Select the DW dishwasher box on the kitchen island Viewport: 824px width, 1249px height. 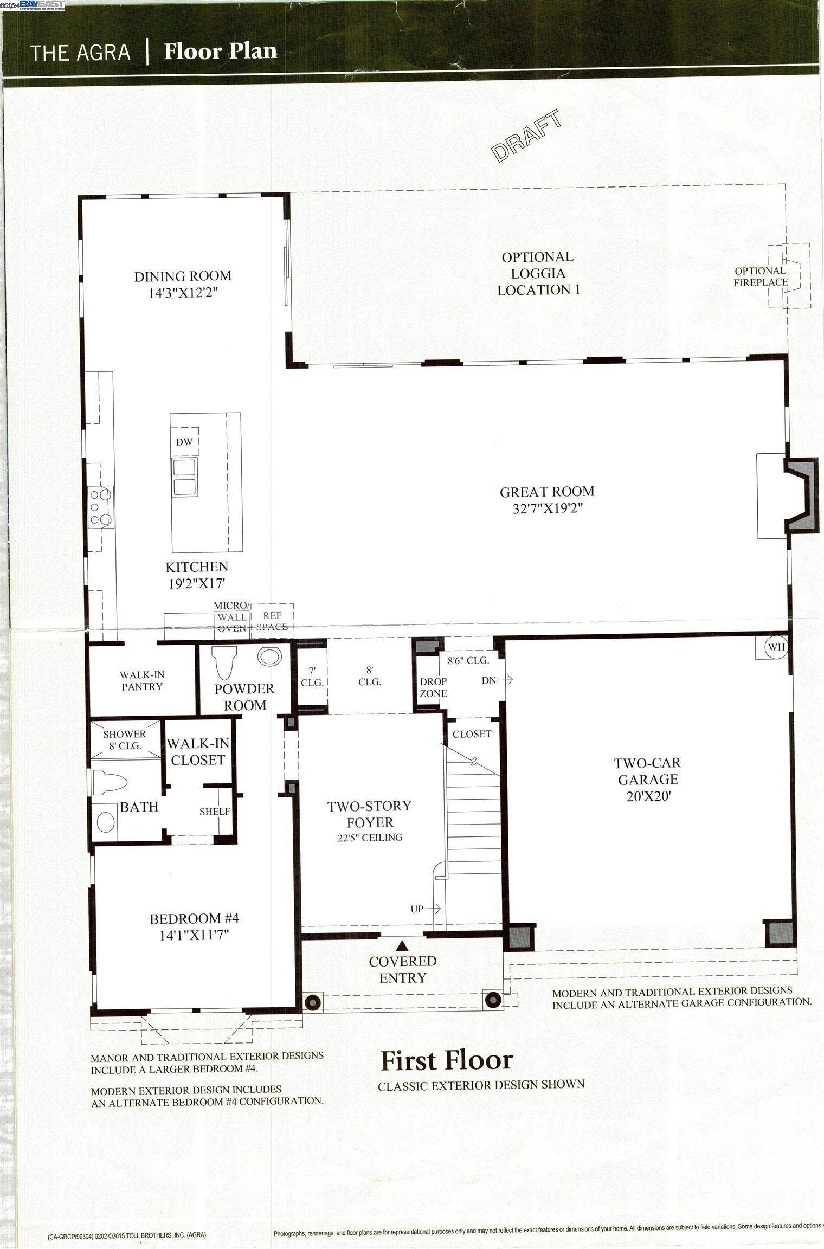(x=184, y=442)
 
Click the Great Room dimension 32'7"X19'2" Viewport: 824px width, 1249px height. (x=548, y=508)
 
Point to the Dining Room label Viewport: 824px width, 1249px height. (x=183, y=276)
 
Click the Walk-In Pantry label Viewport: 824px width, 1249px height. (x=142, y=680)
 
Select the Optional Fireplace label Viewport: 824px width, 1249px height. (x=760, y=276)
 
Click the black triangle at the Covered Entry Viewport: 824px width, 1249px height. (x=402, y=947)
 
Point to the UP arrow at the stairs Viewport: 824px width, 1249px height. (x=426, y=909)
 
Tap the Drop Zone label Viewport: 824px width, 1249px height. (x=433, y=687)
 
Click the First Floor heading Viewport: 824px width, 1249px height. (x=447, y=1060)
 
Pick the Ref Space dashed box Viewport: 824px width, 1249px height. (x=272, y=620)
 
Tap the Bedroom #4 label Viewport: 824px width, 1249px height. (x=194, y=918)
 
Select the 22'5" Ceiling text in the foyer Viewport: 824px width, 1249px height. (x=370, y=838)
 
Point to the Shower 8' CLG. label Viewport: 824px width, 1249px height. (x=125, y=740)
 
